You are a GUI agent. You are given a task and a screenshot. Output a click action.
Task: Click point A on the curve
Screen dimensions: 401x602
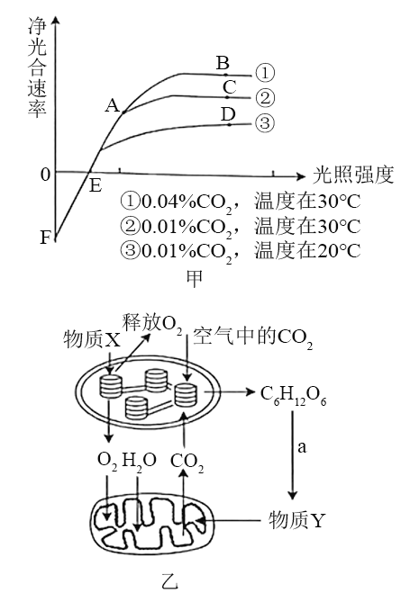pos(123,112)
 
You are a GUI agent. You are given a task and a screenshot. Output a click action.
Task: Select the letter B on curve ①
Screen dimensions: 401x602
pos(223,63)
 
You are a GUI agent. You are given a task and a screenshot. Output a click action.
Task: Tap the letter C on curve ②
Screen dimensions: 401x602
pos(230,87)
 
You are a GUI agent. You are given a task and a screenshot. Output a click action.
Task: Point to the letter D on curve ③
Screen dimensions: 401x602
pos(228,114)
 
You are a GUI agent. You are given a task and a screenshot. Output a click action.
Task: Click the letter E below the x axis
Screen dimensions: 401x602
pos(95,186)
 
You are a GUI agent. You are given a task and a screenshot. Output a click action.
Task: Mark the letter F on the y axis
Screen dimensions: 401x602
pos(45,238)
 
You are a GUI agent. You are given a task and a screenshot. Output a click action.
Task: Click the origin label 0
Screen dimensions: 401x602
pos(45,175)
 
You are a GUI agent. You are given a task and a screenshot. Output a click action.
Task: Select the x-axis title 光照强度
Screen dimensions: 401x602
pos(353,175)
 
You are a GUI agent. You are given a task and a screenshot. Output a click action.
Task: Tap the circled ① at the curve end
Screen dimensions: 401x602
pos(265,73)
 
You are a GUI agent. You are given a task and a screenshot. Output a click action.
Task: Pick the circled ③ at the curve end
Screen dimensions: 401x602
pos(265,123)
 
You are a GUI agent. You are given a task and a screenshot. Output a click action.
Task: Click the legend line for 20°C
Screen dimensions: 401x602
pos(241,251)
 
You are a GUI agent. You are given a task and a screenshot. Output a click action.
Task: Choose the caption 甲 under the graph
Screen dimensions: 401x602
pos(194,279)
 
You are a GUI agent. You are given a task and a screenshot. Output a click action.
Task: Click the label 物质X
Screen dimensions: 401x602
pos(92,340)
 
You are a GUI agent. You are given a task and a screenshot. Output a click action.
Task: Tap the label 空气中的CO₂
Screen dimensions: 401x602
pos(252,337)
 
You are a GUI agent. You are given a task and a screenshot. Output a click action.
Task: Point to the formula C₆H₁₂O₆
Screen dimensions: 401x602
pos(294,394)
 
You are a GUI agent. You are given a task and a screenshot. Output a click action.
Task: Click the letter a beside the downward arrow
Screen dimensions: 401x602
pos(302,447)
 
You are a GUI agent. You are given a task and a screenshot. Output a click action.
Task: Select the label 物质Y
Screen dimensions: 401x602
pos(296,521)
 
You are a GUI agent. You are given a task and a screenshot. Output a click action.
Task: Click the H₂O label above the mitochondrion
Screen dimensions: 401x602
pos(139,461)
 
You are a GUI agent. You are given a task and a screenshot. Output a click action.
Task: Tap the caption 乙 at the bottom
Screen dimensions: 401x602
pos(169,581)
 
